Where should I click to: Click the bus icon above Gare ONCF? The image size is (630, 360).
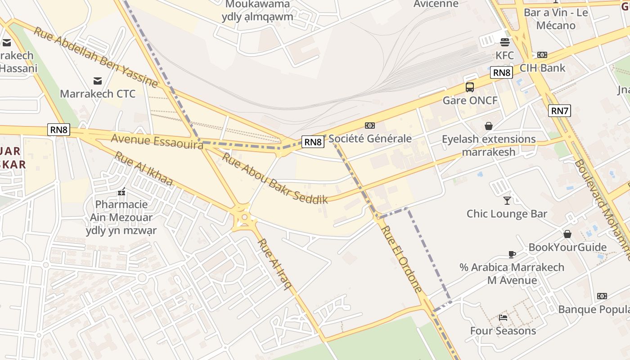[470, 87]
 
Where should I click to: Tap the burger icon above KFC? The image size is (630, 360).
[505, 42]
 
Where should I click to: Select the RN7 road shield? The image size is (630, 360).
[559, 110]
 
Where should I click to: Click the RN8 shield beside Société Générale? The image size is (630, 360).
[313, 142]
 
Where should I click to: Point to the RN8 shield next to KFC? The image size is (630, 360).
[501, 72]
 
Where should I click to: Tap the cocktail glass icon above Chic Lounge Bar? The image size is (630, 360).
[507, 200]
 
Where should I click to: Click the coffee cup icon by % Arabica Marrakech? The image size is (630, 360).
[512, 254]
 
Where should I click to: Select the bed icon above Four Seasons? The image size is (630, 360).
[503, 318]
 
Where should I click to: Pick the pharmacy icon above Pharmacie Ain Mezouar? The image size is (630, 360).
[121, 192]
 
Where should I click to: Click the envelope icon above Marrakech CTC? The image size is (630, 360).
[97, 81]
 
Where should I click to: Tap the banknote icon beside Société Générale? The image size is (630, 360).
[370, 126]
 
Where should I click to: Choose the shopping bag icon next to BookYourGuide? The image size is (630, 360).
[567, 234]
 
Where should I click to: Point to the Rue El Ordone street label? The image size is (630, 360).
[402, 259]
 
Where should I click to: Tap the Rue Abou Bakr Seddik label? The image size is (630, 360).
[274, 179]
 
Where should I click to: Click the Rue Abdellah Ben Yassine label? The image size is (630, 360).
[95, 57]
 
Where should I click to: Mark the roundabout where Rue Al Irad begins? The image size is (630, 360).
[244, 218]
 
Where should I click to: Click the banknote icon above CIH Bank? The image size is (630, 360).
[542, 55]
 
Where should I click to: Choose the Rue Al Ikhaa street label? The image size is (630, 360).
[143, 168]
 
